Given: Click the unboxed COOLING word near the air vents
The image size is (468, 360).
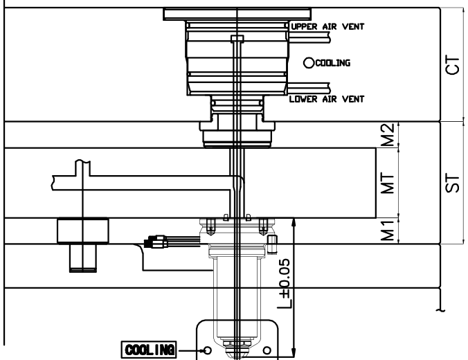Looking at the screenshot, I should (x=333, y=62).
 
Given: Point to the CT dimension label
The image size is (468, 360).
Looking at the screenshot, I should (x=455, y=64).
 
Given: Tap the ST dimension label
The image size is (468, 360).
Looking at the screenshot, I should (x=455, y=183).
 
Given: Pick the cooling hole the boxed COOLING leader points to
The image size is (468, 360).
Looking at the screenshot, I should (x=206, y=349).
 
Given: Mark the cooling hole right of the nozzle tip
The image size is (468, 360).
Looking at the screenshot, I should (x=268, y=349).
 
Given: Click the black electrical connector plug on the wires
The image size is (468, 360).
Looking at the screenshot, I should (x=154, y=242).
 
